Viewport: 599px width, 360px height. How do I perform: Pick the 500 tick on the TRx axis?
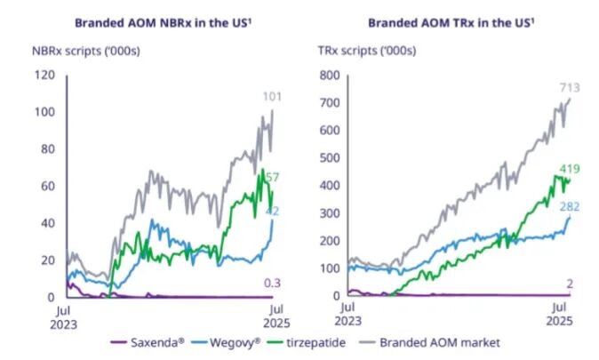[330, 158]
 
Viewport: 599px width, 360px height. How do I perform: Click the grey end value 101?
[272, 96]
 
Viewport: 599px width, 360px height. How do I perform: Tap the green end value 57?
[273, 178]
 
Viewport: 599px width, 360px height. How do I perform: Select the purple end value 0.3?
[272, 283]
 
